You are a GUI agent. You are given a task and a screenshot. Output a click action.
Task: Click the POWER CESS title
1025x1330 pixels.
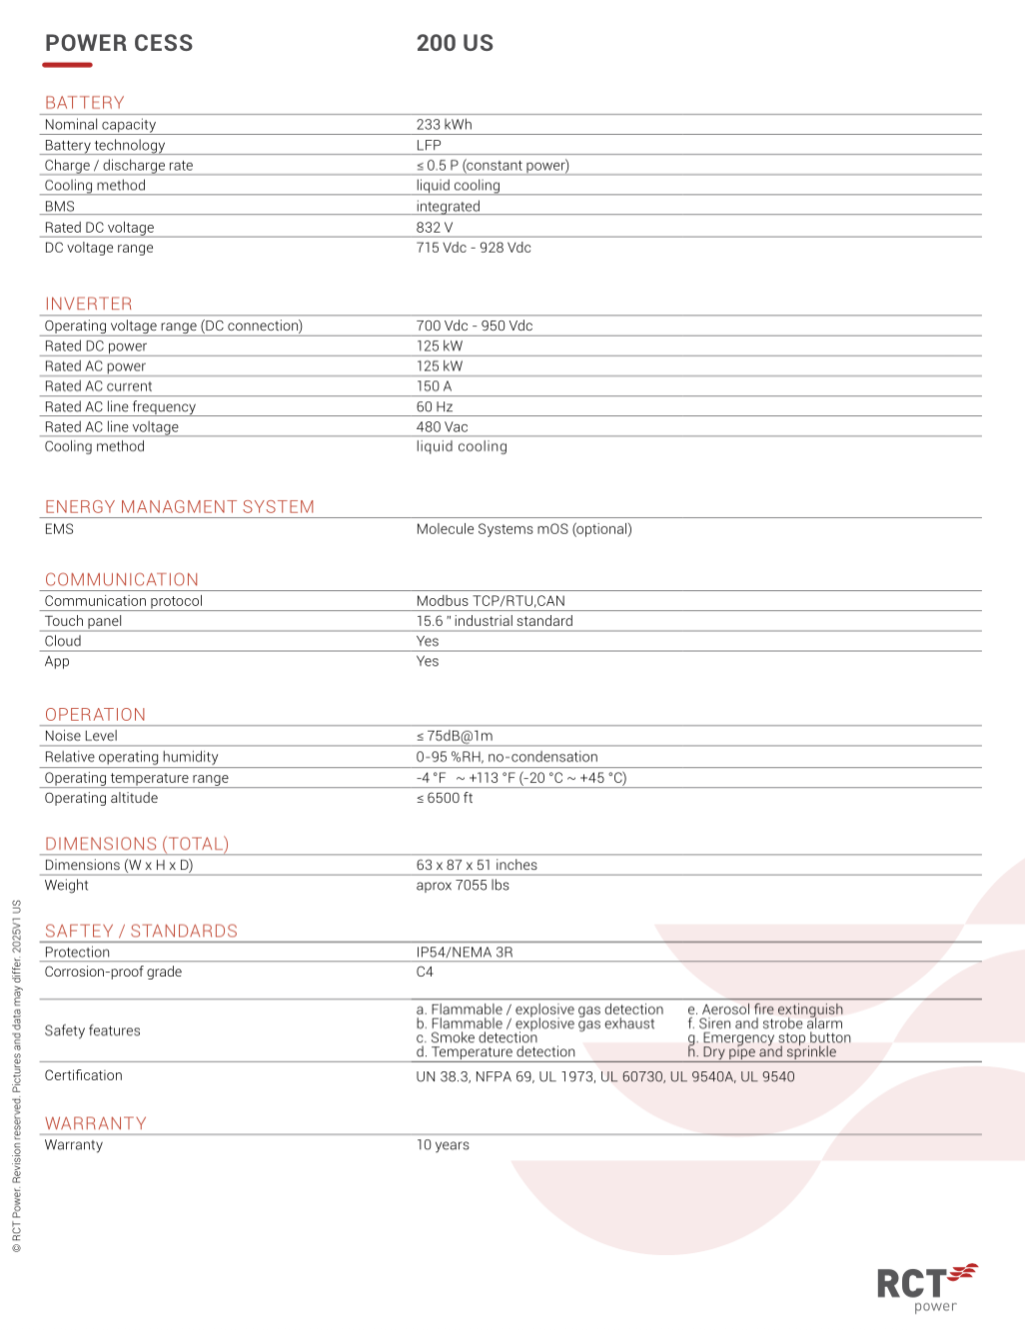tap(119, 43)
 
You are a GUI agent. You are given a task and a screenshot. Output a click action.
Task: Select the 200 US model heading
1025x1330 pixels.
tap(455, 43)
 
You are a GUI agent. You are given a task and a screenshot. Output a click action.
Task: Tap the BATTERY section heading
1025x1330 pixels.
tap(85, 103)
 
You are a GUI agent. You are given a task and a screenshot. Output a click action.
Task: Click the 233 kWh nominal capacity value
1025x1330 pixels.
tap(444, 125)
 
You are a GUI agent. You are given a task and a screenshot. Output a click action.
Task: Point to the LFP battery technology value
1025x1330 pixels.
tap(429, 145)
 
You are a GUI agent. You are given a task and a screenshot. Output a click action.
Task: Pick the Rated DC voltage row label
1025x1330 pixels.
tap(99, 228)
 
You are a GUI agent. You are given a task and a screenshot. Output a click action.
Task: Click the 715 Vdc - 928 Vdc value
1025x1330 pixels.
tap(474, 248)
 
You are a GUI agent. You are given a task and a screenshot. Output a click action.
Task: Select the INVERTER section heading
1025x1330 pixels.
tap(88, 304)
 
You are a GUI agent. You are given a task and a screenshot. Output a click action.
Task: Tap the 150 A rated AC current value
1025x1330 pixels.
tap(434, 386)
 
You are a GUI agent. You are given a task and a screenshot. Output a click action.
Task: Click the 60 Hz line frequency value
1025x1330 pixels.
tap(435, 406)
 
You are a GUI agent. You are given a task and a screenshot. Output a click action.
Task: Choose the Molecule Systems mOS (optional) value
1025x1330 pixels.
tap(523, 529)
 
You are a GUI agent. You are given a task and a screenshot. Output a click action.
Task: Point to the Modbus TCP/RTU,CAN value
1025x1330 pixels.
tap(491, 601)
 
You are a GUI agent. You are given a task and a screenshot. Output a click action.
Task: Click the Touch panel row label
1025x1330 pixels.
tap(83, 621)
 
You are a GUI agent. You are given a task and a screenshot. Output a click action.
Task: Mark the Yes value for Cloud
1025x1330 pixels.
tap(428, 641)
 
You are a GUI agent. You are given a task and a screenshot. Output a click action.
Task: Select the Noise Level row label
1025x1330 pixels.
tap(81, 736)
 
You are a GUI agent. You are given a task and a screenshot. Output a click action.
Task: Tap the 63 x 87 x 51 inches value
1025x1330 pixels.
tap(477, 865)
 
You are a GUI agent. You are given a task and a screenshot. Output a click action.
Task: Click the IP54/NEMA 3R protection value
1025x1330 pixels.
tap(465, 953)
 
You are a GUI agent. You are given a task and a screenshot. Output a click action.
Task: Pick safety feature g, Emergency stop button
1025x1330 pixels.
tap(769, 1037)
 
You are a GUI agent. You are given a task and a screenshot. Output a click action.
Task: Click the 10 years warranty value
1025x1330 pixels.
tap(443, 1145)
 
